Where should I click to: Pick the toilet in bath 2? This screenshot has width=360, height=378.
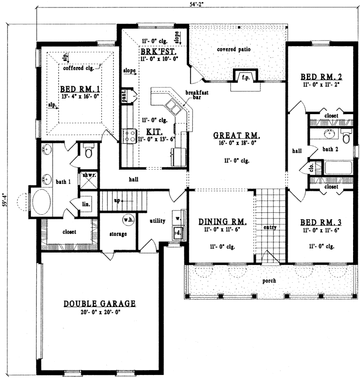click(346, 134)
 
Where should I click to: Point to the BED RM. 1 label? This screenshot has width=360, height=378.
click(78, 89)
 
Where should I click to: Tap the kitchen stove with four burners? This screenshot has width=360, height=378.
click(130, 136)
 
